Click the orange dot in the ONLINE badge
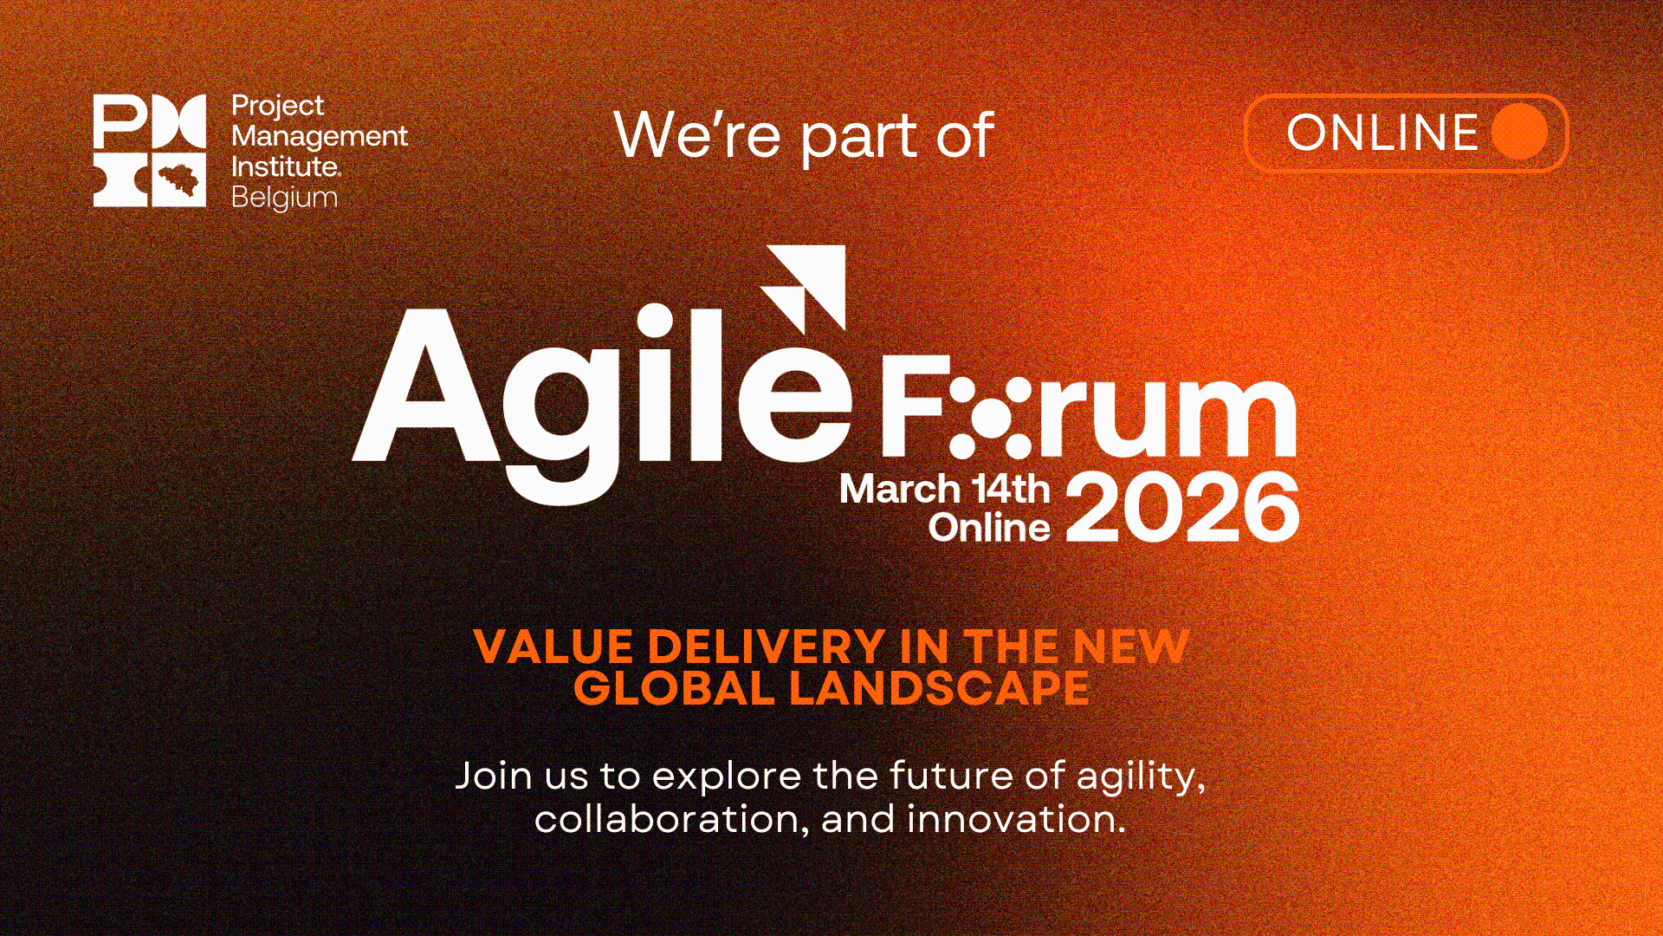click(1519, 133)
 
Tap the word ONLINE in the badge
click(1382, 133)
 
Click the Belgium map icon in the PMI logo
click(179, 179)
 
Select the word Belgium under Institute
click(284, 198)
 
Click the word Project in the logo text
click(277, 106)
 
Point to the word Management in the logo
click(319, 136)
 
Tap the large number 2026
click(1182, 508)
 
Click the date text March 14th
click(944, 489)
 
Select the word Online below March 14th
click(989, 528)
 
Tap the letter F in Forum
click(911, 405)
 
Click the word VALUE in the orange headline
click(553, 647)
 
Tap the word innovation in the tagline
click(1015, 819)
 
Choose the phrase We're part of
click(803, 136)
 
